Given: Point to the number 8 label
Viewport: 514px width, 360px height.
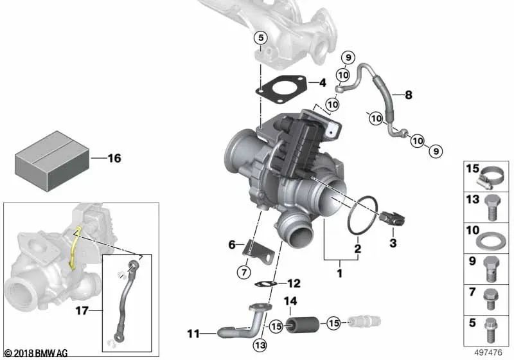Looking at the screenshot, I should [x=408, y=95].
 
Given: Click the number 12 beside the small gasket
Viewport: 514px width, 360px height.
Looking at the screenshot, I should [x=292, y=283].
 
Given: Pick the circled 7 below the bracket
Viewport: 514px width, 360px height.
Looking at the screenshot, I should [x=244, y=271].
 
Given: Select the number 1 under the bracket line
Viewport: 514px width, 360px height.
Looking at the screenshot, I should [x=340, y=273].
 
